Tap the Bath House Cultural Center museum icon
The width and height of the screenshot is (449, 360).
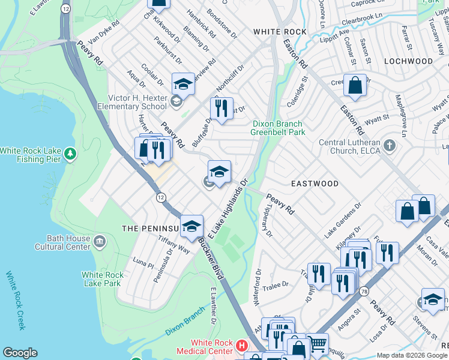coord(100,241)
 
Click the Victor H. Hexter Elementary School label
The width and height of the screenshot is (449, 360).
coord(137,102)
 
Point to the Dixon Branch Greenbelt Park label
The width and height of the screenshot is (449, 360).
coord(277,128)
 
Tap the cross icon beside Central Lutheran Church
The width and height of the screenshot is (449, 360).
coord(390,145)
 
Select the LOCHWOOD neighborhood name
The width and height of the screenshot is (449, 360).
coord(408,61)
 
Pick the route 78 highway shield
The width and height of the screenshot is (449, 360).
coord(364,292)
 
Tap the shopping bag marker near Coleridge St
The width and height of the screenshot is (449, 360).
coord(355,86)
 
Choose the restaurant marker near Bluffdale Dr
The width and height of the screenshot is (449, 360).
coord(221,109)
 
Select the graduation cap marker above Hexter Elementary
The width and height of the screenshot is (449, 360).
coord(183,84)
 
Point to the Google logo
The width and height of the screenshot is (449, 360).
coord(20,353)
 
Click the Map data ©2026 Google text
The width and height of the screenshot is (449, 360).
coord(412,355)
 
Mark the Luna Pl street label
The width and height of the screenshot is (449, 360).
coord(143,262)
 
